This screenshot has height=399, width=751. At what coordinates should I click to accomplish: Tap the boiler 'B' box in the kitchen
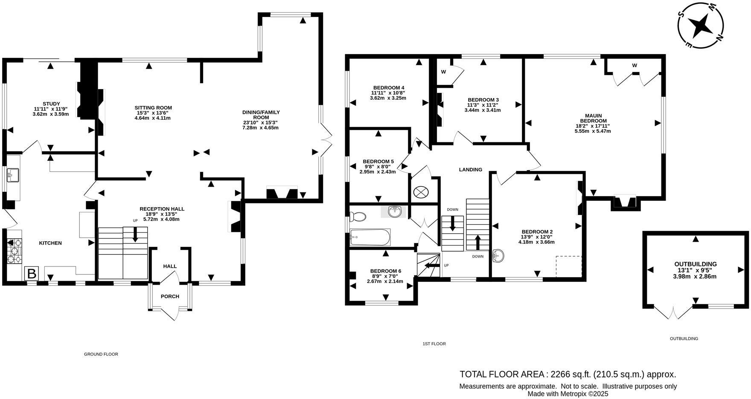(32, 273)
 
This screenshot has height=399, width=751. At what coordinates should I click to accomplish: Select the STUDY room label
(51, 104)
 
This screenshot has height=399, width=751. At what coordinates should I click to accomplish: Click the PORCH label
(170, 296)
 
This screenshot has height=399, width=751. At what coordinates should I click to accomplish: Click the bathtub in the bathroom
(370, 237)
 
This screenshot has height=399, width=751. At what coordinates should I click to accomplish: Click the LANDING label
(470, 170)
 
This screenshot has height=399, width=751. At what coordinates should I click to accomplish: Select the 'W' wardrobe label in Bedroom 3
(443, 72)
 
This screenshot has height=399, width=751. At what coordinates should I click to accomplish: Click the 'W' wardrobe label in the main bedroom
(635, 65)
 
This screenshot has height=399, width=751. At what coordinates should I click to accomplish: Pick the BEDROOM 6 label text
(385, 271)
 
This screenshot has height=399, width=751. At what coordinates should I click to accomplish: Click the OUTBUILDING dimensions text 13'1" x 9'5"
(695, 270)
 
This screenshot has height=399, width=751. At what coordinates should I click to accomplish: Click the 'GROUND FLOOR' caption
(101, 354)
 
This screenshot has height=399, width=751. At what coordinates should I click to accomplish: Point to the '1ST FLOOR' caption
(434, 344)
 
